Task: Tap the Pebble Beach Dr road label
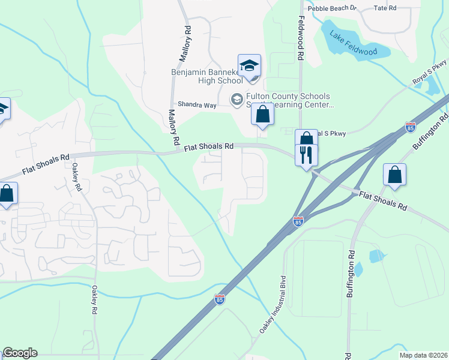point(332,8)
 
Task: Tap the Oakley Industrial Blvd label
point(272,305)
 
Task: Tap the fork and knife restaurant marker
point(307,155)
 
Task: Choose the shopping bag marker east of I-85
point(395,175)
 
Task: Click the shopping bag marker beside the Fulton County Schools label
point(262,114)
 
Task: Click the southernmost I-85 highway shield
point(220,299)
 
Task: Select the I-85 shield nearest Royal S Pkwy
point(411,127)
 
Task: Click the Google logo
point(20,353)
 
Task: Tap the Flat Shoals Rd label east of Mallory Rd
point(209,146)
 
